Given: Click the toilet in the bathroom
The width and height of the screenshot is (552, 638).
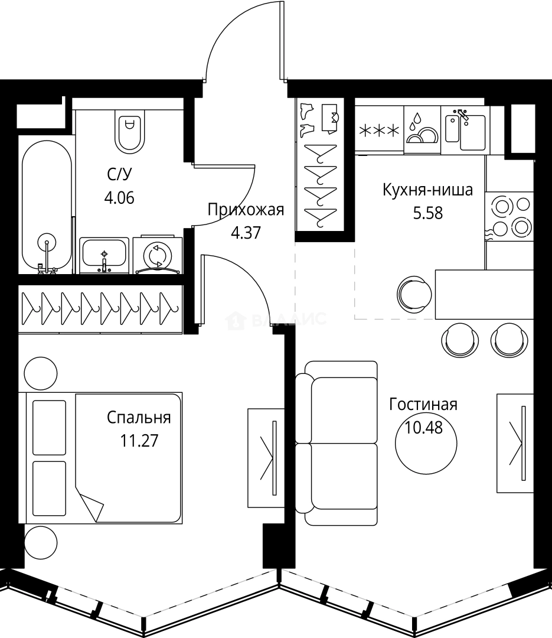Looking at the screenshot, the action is click(x=130, y=131).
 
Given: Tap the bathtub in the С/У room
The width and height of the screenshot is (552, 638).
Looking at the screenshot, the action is click(x=47, y=206).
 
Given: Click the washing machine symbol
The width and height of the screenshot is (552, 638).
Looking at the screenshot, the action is click(x=158, y=255).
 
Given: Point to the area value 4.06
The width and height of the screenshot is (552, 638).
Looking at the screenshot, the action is click(x=119, y=198).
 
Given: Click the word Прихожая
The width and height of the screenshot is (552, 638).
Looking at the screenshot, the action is click(x=246, y=210).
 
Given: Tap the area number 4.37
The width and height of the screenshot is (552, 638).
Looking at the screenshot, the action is click(x=246, y=233).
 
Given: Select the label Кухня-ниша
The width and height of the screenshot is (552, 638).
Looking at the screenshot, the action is click(x=427, y=190).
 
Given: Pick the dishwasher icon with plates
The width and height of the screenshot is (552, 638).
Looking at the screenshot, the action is click(x=422, y=130).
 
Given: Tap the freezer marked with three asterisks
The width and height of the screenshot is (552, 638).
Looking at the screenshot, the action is click(x=379, y=130).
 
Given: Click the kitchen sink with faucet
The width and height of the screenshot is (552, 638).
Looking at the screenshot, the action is click(x=465, y=129).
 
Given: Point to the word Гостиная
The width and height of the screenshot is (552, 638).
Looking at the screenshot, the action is click(x=423, y=405).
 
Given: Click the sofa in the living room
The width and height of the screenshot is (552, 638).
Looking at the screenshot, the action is click(x=337, y=443).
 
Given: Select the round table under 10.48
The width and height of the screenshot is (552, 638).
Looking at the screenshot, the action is click(x=426, y=443).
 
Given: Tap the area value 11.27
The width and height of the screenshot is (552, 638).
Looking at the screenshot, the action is click(x=139, y=441).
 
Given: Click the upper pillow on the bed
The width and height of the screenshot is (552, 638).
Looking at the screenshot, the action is click(x=49, y=428).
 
